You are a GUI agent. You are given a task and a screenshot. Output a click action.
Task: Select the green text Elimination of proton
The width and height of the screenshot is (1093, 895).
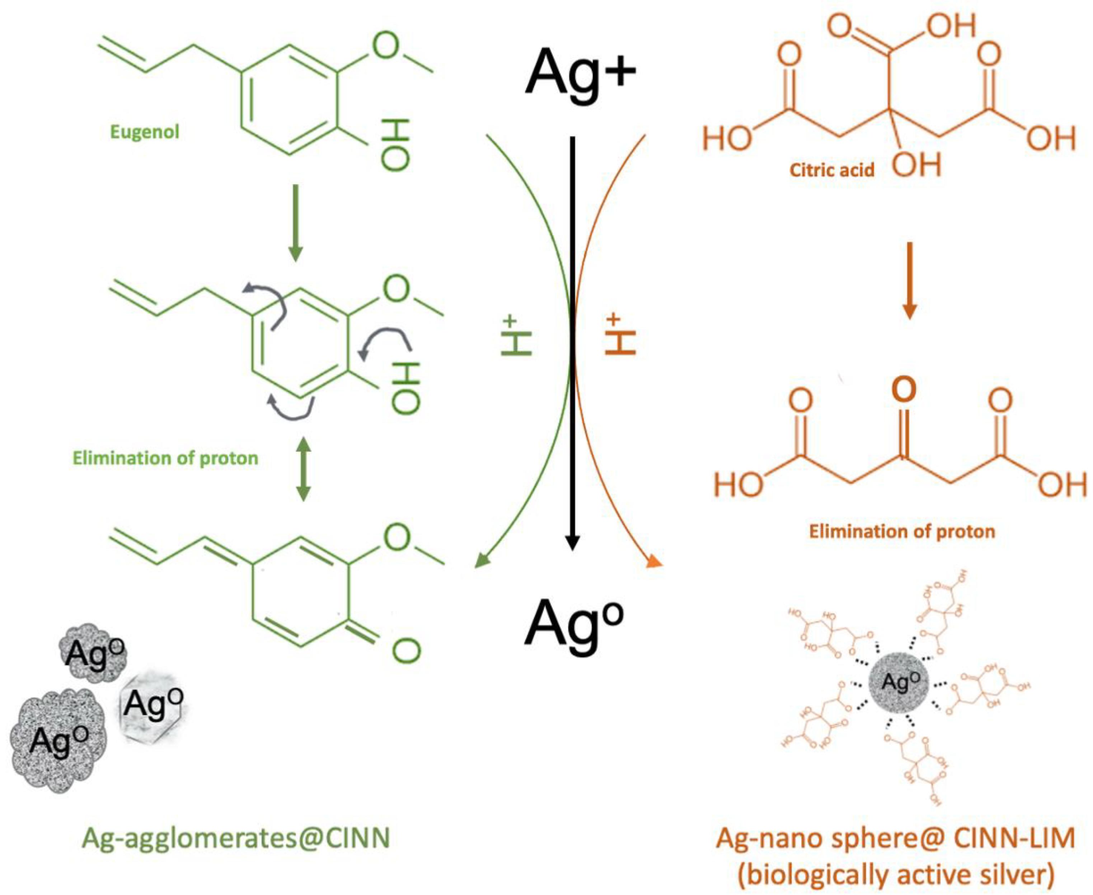pyautogui.click(x=165, y=458)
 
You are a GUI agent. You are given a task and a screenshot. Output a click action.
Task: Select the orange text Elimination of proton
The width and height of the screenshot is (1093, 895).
pyautogui.click(x=902, y=531)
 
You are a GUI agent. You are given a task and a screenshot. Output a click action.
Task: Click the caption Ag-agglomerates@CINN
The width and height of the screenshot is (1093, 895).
pyautogui.click(x=236, y=838)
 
